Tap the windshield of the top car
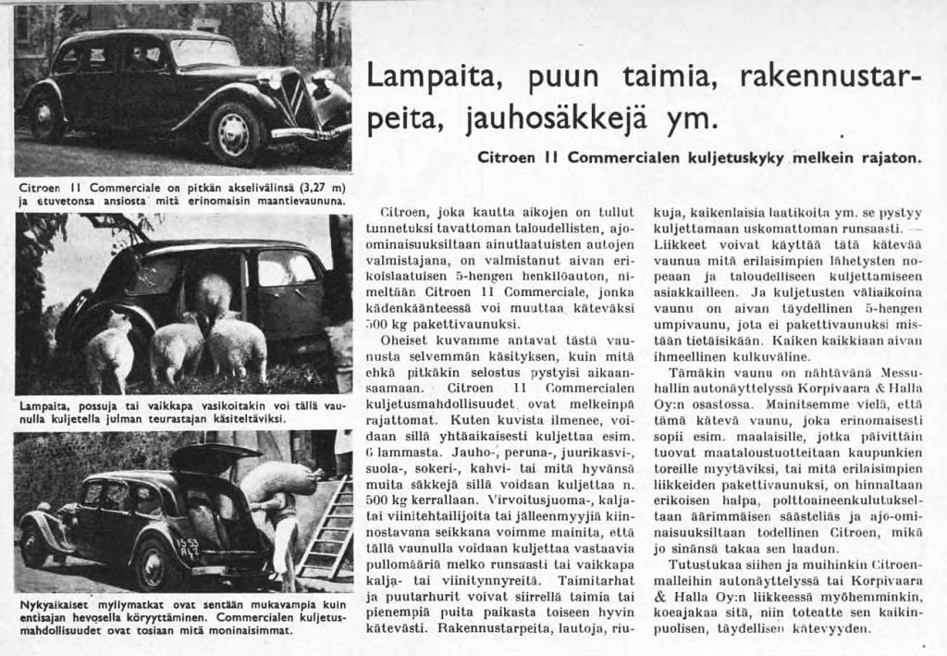(204, 53)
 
